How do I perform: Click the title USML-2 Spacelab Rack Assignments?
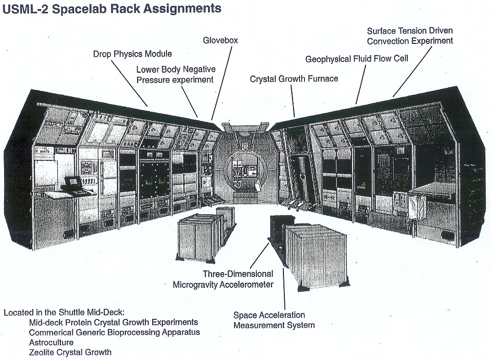click(112, 8)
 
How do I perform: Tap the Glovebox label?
click(220, 41)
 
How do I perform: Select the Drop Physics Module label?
click(133, 54)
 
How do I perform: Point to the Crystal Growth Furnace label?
click(294, 79)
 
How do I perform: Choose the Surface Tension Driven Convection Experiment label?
click(410, 36)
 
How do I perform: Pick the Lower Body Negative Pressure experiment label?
click(176, 74)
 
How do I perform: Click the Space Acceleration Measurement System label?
click(274, 320)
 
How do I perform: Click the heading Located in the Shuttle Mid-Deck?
click(64, 313)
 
